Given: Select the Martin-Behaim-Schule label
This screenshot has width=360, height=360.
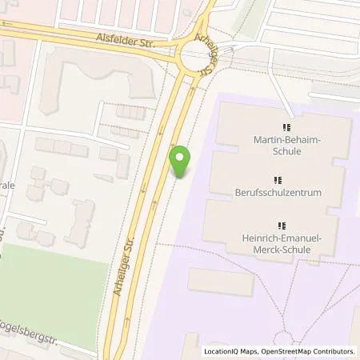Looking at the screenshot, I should point(286,146).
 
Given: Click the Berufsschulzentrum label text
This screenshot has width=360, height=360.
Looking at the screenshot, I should point(277,193).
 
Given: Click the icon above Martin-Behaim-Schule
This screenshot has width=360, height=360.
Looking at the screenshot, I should point(286,127).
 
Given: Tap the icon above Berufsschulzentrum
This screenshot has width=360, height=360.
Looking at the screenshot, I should point(277,179).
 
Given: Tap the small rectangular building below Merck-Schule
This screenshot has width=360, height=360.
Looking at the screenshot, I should point(221,282).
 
